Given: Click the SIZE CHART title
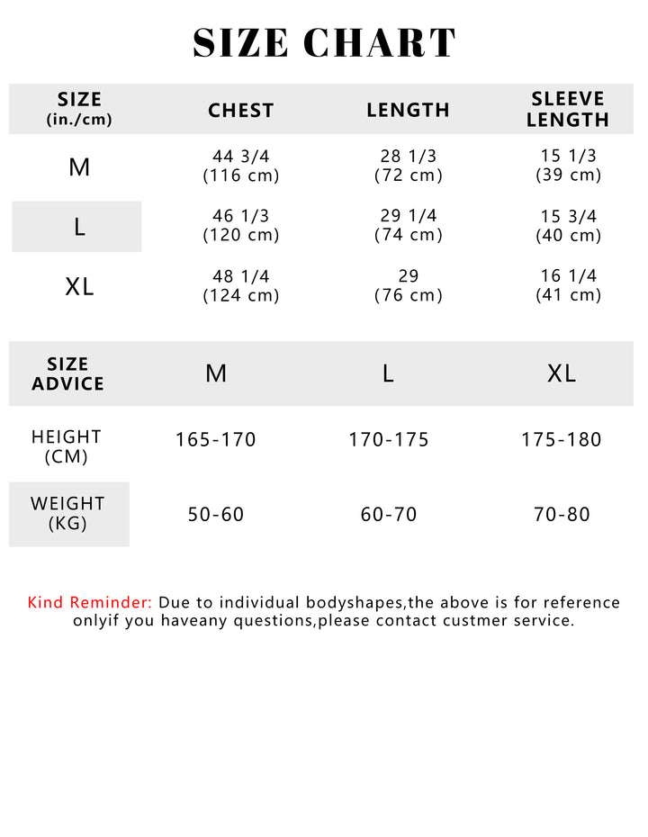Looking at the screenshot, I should pos(324,43).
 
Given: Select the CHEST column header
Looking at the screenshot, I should pos(240,111).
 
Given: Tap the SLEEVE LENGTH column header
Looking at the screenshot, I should pos(568,110).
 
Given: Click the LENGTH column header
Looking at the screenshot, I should pos(408,111).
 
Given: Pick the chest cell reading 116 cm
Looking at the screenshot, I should pos(240,166).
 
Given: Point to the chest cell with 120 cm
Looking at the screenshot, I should pos(240,226).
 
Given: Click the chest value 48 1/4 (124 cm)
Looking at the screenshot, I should pos(240,285).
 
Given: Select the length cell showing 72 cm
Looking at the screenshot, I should pos(408,166).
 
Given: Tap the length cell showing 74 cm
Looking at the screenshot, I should pos(408,226).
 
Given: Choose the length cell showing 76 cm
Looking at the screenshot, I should pos(408,285).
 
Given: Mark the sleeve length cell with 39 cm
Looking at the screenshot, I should pos(568,166).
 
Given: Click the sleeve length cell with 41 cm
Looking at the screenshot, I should pos(568,285).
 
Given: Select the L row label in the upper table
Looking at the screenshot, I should pos(79,227).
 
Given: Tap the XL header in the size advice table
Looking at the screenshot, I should pos(562,373).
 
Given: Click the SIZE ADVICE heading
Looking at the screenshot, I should pos(67,374).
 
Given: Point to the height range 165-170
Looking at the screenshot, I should pos(216,440).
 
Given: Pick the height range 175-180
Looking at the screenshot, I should pos(562,440).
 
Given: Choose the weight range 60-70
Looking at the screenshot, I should pos(389,515).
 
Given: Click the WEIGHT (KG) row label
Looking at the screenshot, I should pos(68,513).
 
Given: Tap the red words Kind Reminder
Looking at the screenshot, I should pos(90,603).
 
